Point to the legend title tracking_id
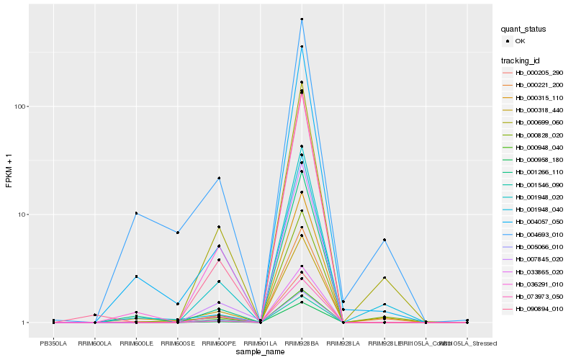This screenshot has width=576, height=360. [x=523, y=59]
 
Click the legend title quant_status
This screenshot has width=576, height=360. [x=524, y=29]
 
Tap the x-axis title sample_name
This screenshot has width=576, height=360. [x=261, y=352]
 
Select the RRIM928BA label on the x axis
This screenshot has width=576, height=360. [x=302, y=343]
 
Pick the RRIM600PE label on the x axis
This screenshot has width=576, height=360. [x=219, y=343]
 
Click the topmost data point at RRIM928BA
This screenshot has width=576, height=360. [x=302, y=19]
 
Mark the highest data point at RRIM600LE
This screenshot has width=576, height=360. [x=136, y=213]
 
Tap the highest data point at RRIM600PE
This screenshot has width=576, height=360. [x=219, y=178]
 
